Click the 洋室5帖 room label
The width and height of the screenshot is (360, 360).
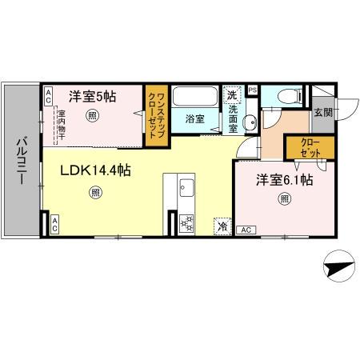click(92, 97)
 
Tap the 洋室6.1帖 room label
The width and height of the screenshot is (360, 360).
click(284, 181)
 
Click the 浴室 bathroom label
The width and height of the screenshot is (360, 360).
click(195, 119)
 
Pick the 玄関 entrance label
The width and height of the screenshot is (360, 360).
click(322, 113)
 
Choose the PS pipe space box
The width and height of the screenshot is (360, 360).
click(253, 90)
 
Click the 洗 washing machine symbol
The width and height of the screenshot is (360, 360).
click(231, 91)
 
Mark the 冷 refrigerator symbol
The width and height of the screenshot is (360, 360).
click(222, 226)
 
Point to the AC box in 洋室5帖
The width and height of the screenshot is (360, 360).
click(48, 97)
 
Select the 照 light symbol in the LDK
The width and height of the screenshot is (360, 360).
click(96, 192)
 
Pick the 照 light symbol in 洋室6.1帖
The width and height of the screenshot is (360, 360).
click(284, 201)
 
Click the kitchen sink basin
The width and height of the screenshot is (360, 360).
click(186, 189)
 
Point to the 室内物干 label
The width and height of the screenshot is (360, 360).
click(61, 124)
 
